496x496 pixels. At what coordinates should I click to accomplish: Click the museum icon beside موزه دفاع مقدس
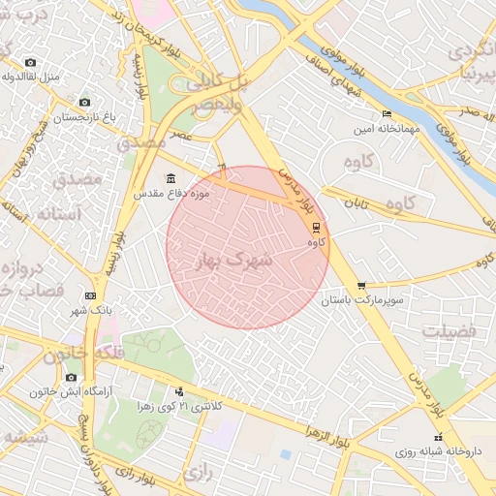171,178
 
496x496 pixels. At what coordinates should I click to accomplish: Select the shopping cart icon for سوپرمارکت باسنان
361,285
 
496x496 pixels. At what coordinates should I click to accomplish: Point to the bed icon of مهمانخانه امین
387,114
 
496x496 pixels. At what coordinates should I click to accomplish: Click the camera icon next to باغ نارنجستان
84,103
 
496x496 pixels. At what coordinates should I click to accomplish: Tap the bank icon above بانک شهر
90,295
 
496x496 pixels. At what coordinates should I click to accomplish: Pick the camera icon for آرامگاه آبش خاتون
71,377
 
